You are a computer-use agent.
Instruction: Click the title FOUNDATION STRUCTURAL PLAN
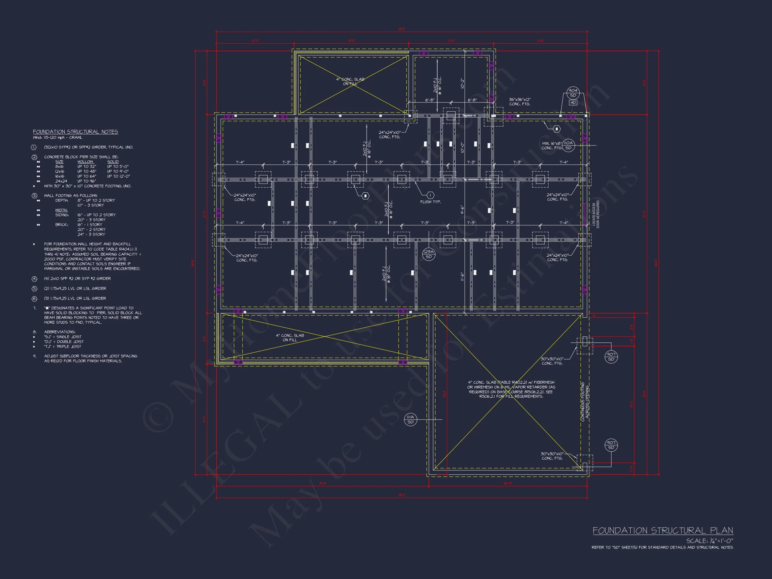click(x=662, y=531)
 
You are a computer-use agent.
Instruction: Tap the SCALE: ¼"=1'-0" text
click(x=710, y=541)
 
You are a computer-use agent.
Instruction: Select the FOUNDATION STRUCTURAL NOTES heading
click(x=75, y=132)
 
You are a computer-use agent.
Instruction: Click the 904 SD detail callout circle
click(x=573, y=93)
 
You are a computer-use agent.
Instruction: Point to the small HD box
click(x=573, y=103)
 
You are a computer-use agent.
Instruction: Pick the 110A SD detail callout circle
click(x=568, y=145)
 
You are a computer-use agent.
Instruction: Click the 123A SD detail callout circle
click(x=428, y=254)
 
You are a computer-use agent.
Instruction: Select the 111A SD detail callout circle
click(x=410, y=420)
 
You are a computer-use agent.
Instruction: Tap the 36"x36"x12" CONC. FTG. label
click(x=519, y=102)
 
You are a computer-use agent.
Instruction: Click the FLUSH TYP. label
click(x=430, y=202)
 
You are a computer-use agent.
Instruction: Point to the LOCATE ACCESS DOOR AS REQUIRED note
click(x=595, y=214)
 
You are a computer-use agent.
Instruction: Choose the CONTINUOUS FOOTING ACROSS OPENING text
click(x=585, y=402)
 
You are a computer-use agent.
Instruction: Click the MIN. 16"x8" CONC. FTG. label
click(x=552, y=146)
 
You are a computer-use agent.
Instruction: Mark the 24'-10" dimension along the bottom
click(x=508, y=484)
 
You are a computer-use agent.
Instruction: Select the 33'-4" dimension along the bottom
click(x=322, y=484)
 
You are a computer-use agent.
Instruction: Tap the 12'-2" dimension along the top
click(x=255, y=41)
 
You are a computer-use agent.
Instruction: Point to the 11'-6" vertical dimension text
click(x=462, y=277)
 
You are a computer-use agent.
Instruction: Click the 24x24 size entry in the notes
click(x=61, y=181)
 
